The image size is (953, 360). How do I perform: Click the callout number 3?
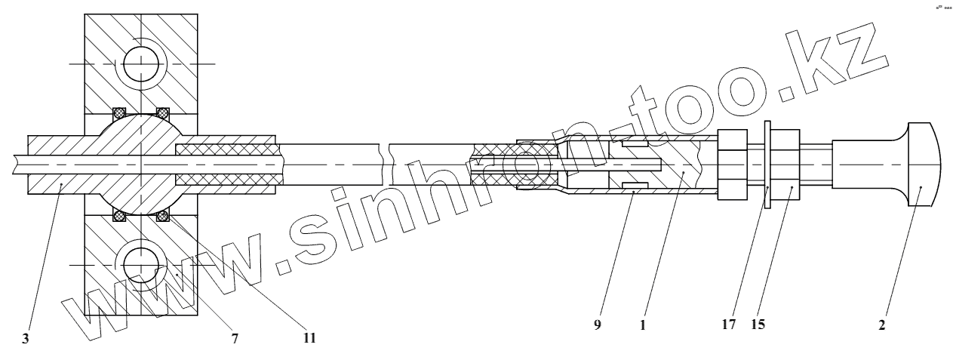26,339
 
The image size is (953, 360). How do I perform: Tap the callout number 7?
234,339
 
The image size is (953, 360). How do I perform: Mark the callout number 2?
881,327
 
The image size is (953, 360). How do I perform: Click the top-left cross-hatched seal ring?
119,113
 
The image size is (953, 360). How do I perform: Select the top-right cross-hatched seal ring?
162,113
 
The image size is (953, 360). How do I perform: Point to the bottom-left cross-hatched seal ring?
119,216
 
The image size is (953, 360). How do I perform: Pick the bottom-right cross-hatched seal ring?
162,216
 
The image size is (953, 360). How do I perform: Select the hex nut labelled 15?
788,165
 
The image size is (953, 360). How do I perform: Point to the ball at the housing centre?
141,165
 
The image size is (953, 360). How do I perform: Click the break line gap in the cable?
386,165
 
